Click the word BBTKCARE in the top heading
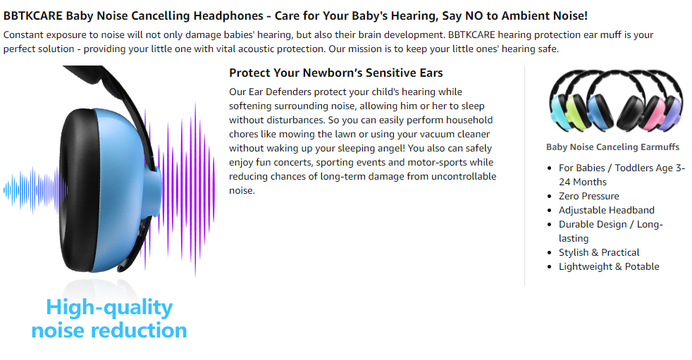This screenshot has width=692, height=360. (33, 16)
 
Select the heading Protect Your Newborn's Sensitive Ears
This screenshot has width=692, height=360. (336, 73)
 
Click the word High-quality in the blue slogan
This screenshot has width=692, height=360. (109, 307)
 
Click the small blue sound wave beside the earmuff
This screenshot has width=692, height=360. (35, 190)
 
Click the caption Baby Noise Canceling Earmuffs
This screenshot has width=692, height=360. (612, 147)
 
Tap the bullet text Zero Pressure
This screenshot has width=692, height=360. (588, 196)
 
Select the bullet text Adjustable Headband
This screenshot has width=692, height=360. (607, 210)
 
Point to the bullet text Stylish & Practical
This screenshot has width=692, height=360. (599, 252)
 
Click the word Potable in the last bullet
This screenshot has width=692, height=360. (642, 266)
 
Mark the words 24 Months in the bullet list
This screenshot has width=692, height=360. (583, 182)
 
